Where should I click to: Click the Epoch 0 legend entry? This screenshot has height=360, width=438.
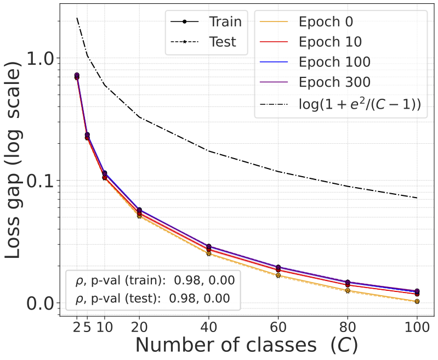tap(326, 22)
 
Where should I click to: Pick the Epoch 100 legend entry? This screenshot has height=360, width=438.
tap(334, 62)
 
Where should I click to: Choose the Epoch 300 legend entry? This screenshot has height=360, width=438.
tap(334, 82)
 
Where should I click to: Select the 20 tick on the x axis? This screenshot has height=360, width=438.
tap(139, 328)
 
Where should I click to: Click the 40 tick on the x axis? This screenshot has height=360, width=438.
tap(208, 328)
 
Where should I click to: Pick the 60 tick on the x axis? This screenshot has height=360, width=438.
tap(278, 328)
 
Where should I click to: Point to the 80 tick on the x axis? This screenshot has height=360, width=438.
tap(348, 328)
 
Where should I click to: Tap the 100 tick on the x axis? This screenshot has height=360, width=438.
tap(417, 328)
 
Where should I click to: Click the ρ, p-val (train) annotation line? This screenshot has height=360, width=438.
tap(155, 280)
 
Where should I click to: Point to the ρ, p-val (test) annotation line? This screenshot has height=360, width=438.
tap(152, 299)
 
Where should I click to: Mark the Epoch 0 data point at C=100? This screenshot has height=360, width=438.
tap(417, 301)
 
